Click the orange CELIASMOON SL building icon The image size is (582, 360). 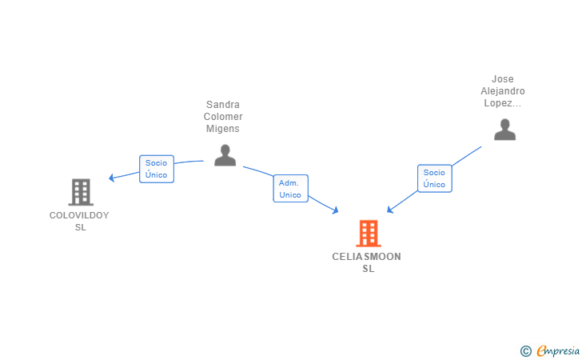pos(369,234)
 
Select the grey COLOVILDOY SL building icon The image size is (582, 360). pos(81,192)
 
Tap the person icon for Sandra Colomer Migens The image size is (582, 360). pos(225,155)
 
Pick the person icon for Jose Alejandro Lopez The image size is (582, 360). pos(504,130)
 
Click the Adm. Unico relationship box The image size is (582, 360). pos(291,188)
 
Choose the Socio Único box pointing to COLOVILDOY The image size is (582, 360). pos(157,169)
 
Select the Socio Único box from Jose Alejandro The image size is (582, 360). pos(435,178)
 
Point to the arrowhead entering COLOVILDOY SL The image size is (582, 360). pos(111,178)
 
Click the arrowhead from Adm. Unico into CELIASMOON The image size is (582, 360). pos(336,210)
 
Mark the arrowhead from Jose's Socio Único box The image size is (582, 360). pos(390,210)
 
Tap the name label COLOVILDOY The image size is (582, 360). pos(79,215)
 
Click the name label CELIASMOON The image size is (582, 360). pos(366,257)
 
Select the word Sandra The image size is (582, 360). pos(223,104)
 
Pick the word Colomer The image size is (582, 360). pos(223,117)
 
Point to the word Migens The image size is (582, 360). pos(223,129)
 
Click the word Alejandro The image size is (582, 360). pos(503,91)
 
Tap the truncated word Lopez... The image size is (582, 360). pos(503,103)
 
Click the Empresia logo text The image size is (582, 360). pos(558,351)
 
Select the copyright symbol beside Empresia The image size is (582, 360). pos(526,351)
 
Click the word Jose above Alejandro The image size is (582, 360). pos(503,79)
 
